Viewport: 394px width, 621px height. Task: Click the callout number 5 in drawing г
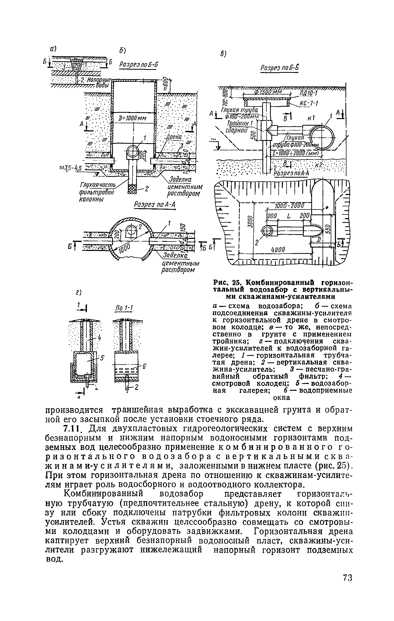click(102, 358)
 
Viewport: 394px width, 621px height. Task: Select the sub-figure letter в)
click(223, 54)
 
